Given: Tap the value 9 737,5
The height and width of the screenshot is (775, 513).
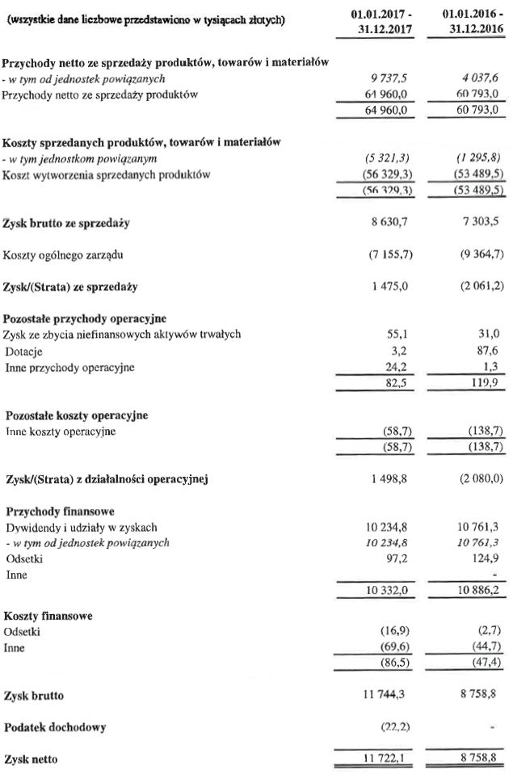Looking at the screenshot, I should (385, 79).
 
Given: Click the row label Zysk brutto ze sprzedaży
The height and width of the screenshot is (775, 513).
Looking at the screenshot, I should (67, 222).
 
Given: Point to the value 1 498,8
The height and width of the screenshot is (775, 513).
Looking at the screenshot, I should (385, 480).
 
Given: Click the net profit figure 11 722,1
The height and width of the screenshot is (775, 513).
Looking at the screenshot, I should (384, 760).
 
